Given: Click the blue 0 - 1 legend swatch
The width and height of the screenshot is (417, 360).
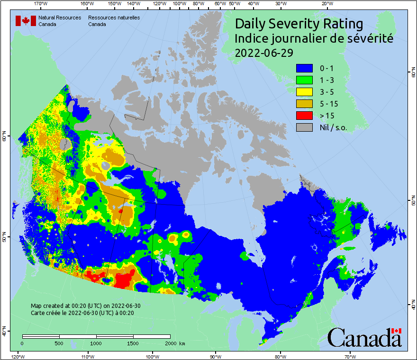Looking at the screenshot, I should [x=304, y=68].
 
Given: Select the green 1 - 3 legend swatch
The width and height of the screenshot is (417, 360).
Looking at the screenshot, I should [x=304, y=80].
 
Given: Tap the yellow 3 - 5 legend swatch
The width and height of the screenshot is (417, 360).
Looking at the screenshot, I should [x=304, y=92].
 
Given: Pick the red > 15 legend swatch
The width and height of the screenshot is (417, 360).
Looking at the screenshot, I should [x=304, y=115].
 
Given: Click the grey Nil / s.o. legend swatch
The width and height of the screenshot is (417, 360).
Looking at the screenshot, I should [x=304, y=127].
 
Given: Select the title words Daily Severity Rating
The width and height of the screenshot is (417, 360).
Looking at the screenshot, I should [x=299, y=24].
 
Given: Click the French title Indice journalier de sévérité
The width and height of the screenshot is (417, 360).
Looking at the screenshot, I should [x=314, y=38].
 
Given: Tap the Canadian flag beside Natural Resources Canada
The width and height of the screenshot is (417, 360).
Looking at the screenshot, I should [x=26, y=21].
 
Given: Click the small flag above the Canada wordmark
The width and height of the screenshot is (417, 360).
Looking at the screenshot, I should [x=396, y=331].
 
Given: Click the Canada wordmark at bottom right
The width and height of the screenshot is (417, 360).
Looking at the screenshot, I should [x=364, y=338].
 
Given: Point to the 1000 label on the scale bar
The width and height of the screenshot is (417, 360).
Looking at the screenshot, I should [x=96, y=343].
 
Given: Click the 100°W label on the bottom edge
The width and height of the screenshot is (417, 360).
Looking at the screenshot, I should [x=152, y=356].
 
